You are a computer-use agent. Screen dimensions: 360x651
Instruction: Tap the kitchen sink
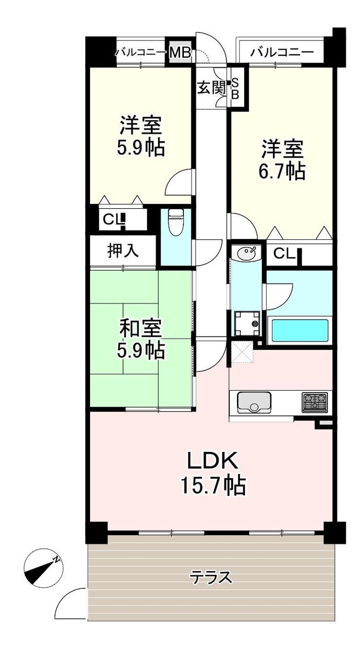254,402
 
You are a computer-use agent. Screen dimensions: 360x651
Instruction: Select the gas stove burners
315,402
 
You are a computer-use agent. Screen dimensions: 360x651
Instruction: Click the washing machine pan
247,323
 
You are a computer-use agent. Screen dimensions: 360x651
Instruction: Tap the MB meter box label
180,53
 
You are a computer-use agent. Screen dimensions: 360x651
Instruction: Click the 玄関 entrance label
212,87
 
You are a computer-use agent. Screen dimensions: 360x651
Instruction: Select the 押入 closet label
123,250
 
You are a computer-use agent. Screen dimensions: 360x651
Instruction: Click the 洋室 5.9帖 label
141,136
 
